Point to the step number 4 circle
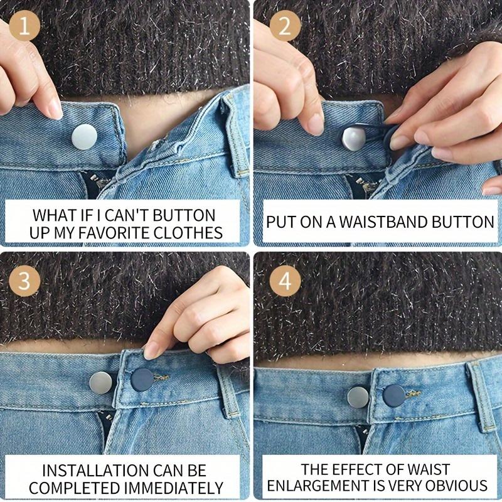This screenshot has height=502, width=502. point(284,280)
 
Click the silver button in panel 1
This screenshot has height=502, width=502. point(84,136)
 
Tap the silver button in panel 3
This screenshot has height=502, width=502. point(101,382)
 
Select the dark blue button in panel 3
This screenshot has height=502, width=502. point(142,380)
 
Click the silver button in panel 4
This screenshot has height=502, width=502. point(358,396)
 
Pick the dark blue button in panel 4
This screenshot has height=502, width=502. point(394,395)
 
